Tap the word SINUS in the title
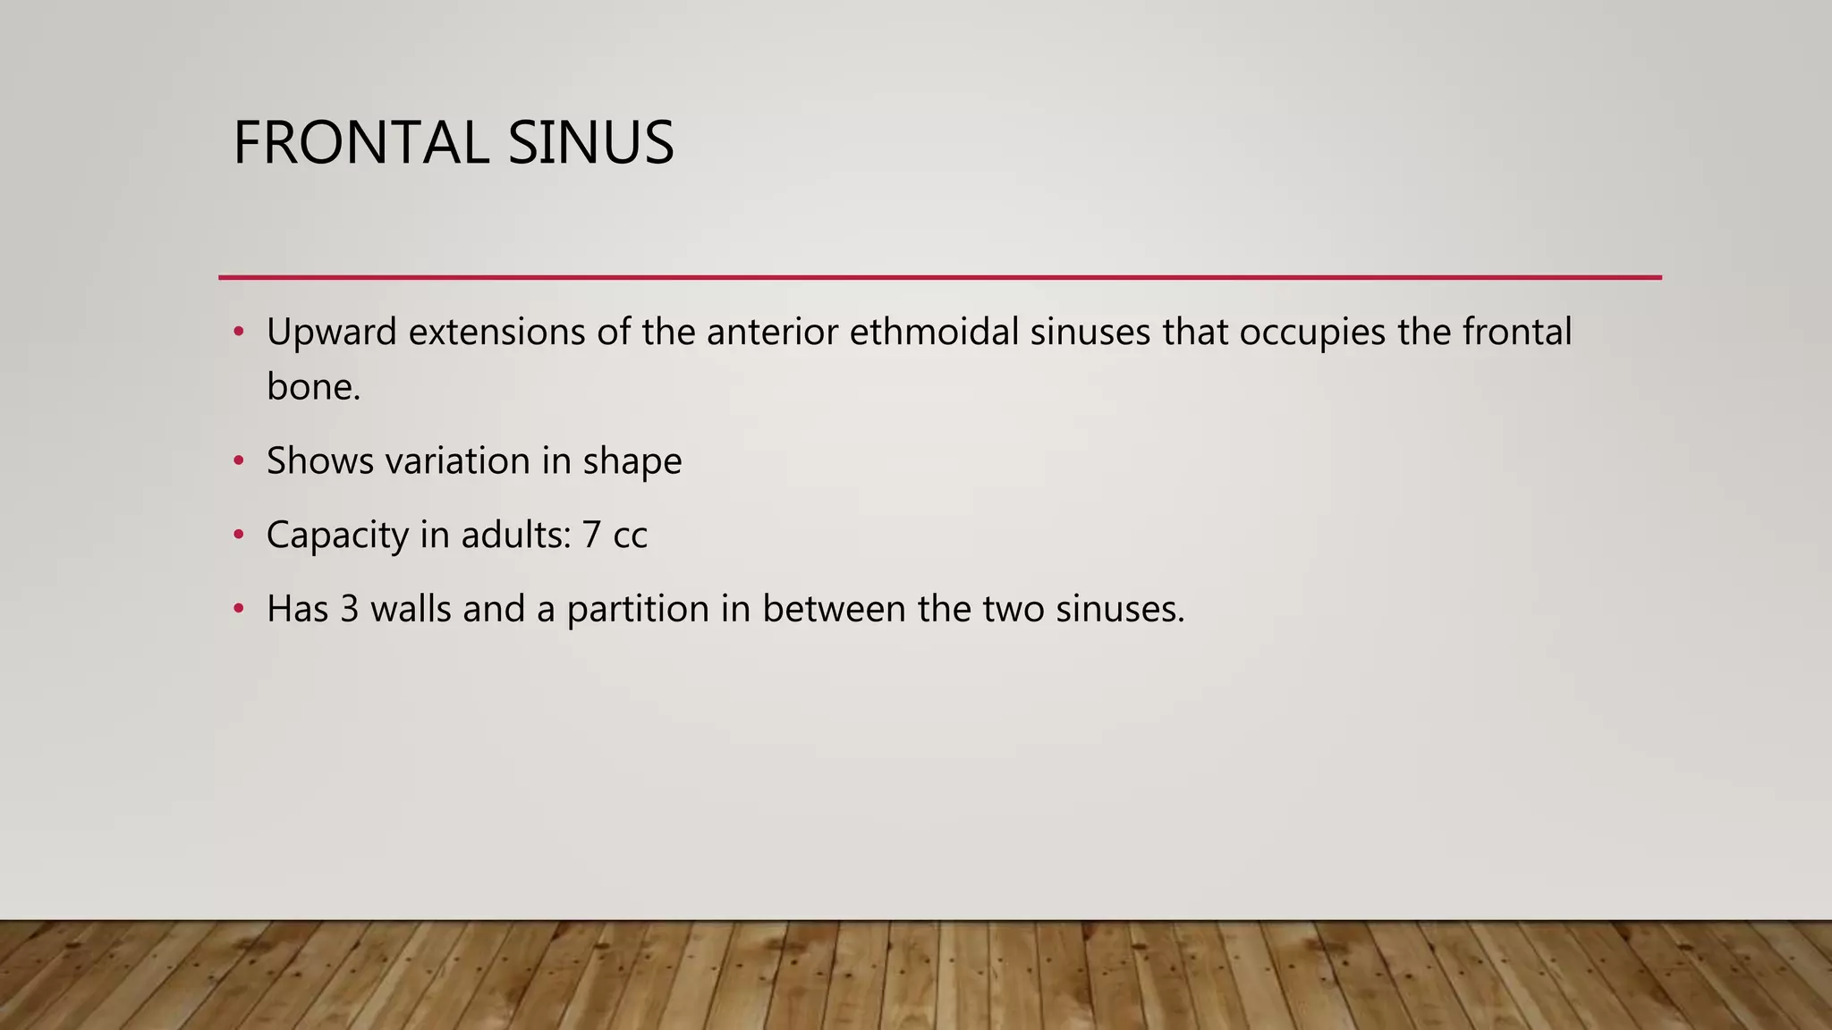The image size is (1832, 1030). (590, 143)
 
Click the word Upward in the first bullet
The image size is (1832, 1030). (331, 333)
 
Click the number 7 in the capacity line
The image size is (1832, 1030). (591, 536)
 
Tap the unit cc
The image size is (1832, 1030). (630, 536)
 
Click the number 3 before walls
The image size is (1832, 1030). (349, 610)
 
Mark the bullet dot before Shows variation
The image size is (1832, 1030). (238, 461)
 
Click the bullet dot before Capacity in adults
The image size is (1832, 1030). (238, 536)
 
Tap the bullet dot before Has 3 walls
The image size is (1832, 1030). (238, 610)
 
